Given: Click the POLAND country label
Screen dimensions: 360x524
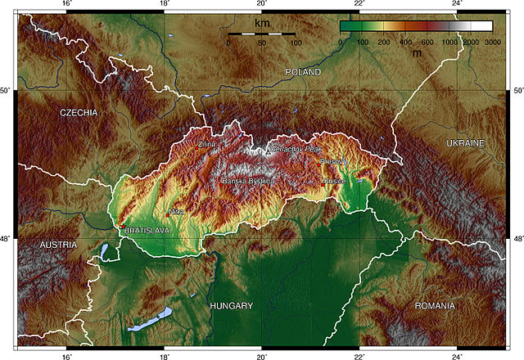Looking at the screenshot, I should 303,73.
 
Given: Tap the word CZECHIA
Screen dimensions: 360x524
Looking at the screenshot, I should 79,112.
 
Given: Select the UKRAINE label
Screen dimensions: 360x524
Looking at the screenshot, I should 465,143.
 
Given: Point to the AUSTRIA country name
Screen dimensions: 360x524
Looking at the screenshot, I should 58,245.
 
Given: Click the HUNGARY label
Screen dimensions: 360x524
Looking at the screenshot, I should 232,306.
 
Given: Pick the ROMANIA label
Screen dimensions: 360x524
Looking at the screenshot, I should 435,306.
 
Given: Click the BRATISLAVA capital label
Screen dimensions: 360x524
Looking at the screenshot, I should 147,232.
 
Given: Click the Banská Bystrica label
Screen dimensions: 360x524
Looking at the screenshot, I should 239,181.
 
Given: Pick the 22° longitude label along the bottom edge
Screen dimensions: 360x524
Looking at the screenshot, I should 359,355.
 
